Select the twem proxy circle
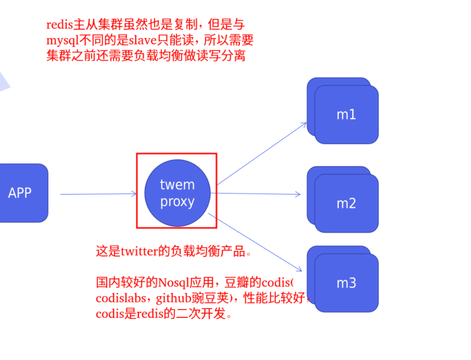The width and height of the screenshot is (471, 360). click(x=177, y=193)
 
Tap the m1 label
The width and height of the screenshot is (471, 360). click(x=346, y=115)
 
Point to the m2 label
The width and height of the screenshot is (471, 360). click(x=346, y=203)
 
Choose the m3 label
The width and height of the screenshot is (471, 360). click(x=346, y=283)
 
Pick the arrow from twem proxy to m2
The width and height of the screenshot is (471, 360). click(x=258, y=194)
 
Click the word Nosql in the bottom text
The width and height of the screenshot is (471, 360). click(x=173, y=283)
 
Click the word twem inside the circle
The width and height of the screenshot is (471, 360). click(x=177, y=185)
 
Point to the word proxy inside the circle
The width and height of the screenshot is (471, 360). click(x=177, y=202)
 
